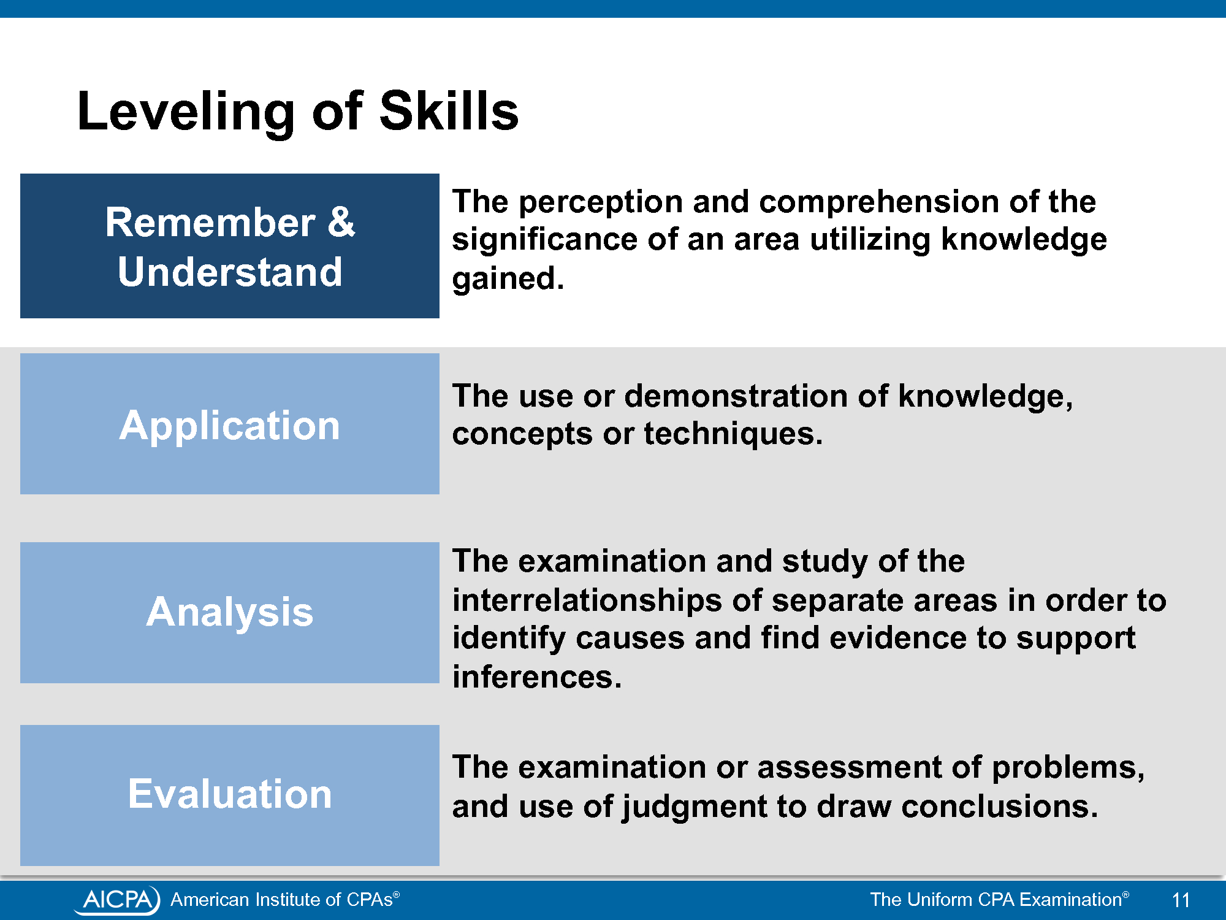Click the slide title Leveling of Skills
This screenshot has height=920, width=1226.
click(298, 112)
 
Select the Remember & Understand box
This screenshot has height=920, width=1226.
click(230, 246)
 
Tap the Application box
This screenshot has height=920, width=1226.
click(230, 424)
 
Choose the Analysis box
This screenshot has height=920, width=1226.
click(230, 613)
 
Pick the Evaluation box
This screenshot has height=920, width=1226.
click(230, 795)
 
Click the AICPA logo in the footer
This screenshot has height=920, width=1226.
click(117, 899)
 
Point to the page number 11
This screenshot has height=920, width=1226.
click(1181, 900)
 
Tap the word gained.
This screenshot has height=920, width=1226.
click(508, 280)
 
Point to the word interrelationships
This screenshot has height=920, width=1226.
click(587, 600)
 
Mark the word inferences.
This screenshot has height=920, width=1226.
click(537, 677)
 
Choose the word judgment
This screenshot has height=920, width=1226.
click(694, 807)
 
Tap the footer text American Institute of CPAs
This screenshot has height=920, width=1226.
click(285, 899)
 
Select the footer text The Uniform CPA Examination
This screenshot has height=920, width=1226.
click(999, 899)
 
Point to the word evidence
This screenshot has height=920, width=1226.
click(898, 638)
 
